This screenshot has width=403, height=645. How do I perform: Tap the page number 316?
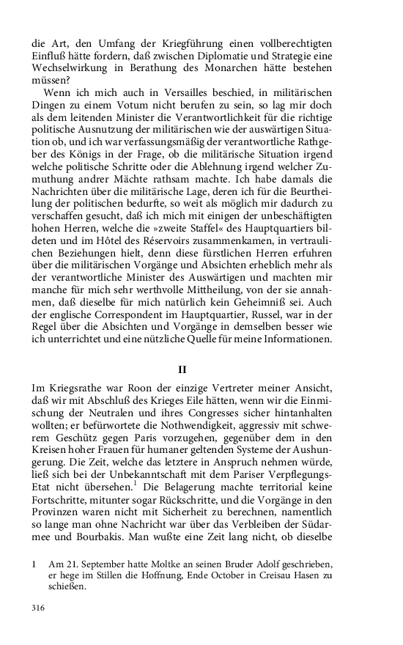[x=39, y=608]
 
